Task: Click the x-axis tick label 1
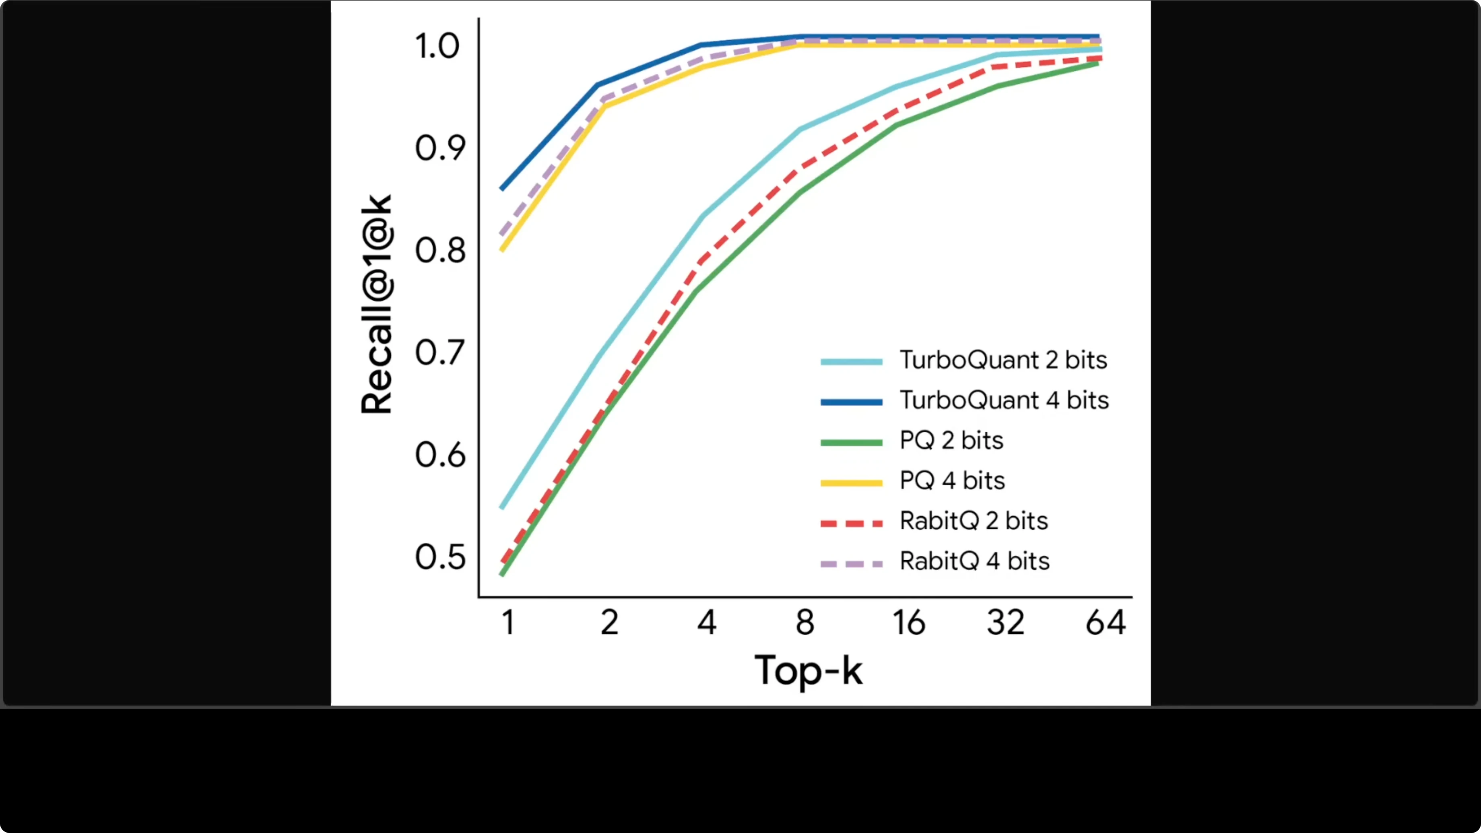[x=507, y=623]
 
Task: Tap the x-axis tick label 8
[x=805, y=623]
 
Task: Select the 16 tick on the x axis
[x=908, y=623]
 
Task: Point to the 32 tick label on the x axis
[x=1006, y=623]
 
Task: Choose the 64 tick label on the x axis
[x=1105, y=623]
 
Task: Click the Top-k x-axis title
[x=809, y=670]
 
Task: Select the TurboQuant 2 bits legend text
[x=1003, y=361]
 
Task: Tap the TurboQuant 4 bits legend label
[x=1004, y=401]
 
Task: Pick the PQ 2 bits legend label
[x=951, y=441]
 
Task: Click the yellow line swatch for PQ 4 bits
[x=851, y=483]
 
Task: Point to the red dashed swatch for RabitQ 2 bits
[x=851, y=523]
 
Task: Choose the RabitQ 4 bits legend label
[x=974, y=562]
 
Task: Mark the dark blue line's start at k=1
[x=502, y=189]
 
